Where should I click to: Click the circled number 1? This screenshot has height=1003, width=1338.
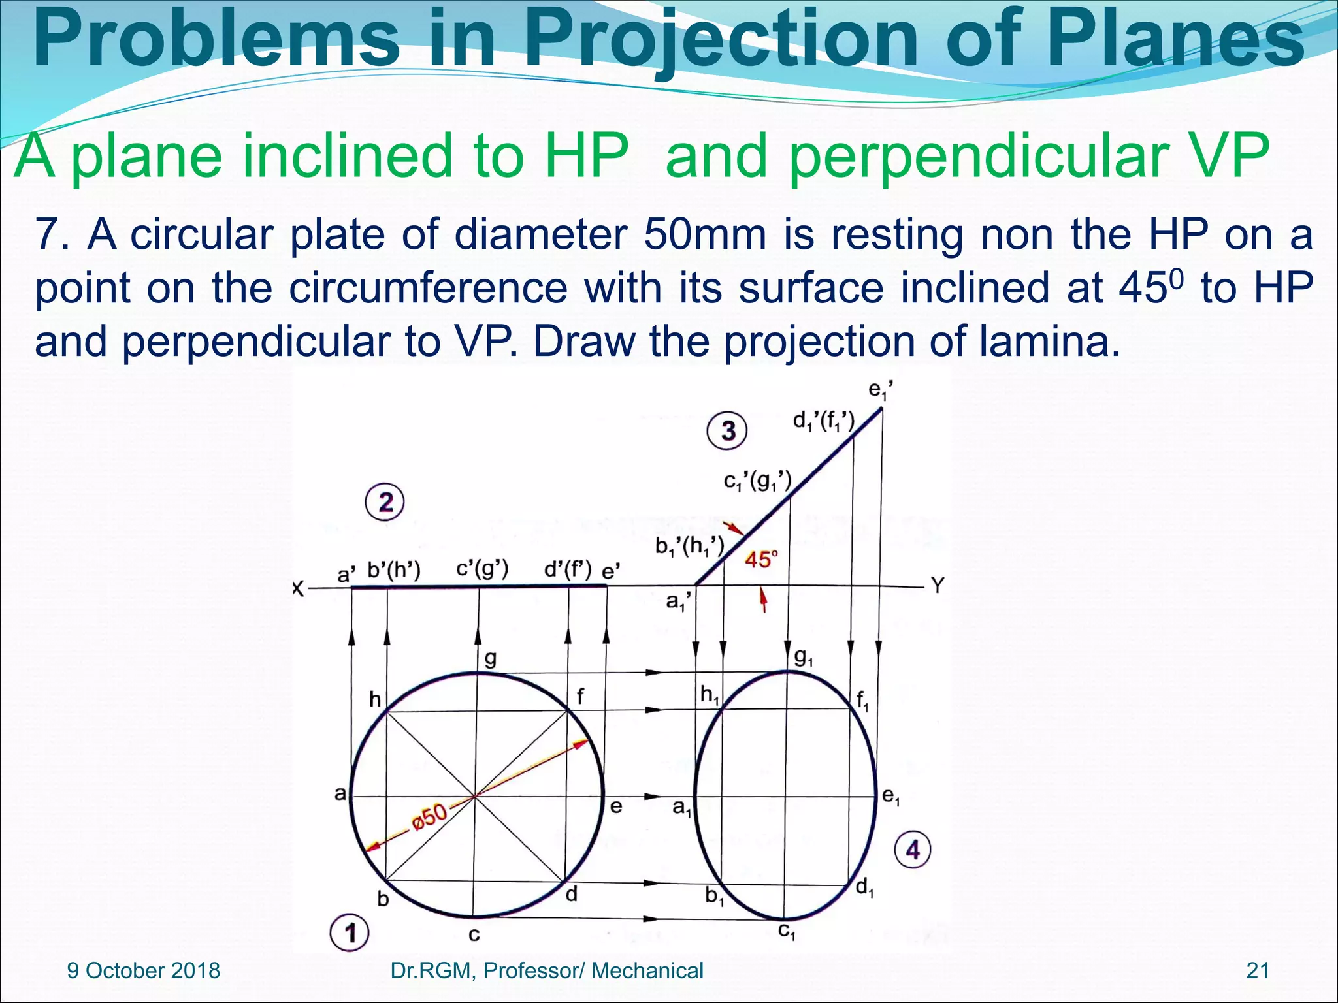click(350, 932)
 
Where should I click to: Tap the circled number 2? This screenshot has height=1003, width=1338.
click(385, 503)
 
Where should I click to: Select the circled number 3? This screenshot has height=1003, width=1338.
click(727, 431)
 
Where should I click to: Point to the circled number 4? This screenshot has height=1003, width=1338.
click(912, 850)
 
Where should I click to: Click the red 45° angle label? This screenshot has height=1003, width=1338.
click(761, 560)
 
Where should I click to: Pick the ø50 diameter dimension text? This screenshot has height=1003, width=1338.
click(430, 817)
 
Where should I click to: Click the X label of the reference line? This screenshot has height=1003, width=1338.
click(298, 589)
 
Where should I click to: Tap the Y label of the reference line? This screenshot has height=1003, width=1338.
click(938, 586)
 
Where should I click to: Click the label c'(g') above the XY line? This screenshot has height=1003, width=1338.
click(482, 569)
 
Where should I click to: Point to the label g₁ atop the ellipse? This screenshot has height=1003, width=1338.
click(804, 658)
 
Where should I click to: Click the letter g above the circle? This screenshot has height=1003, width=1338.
click(490, 660)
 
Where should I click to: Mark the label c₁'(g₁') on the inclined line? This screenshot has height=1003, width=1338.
click(757, 482)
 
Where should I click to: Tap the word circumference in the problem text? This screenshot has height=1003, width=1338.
click(429, 288)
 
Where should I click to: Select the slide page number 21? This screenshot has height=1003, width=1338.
click(1258, 971)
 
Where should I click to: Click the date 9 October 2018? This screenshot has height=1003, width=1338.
click(144, 971)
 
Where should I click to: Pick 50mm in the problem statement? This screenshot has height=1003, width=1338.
click(705, 234)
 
